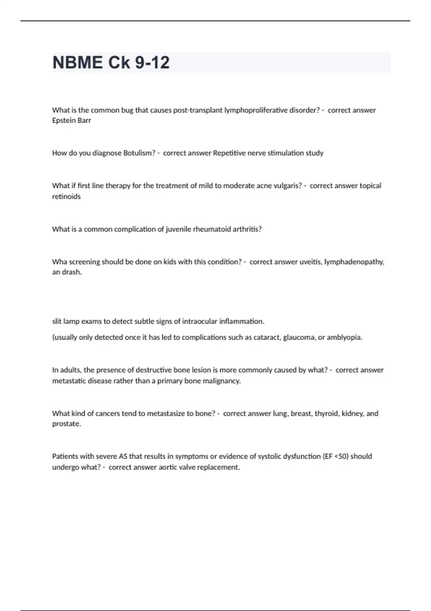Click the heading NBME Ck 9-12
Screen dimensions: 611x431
[111, 63]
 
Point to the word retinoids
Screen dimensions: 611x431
[66, 197]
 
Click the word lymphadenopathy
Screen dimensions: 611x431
[354, 262]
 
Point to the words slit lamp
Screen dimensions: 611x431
[66, 321]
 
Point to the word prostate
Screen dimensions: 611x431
[66, 424]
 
